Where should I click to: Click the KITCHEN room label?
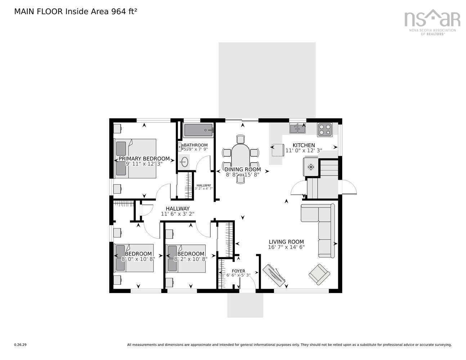point(304,145)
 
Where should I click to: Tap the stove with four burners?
point(324,130)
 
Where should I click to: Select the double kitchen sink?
point(297,128)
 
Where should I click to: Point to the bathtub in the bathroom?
point(198,130)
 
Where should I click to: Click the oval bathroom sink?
point(184,162)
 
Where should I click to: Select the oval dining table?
point(241,157)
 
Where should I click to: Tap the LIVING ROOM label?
point(286,242)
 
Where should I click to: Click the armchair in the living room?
point(319,274)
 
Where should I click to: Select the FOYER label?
point(238,271)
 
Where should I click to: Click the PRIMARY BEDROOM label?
point(144,158)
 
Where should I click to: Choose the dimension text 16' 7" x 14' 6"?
point(286,247)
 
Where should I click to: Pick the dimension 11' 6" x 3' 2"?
point(178,214)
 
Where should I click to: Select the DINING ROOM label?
point(243,169)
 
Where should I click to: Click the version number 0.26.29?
point(20,345)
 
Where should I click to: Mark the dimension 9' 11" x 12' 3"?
point(144,164)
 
